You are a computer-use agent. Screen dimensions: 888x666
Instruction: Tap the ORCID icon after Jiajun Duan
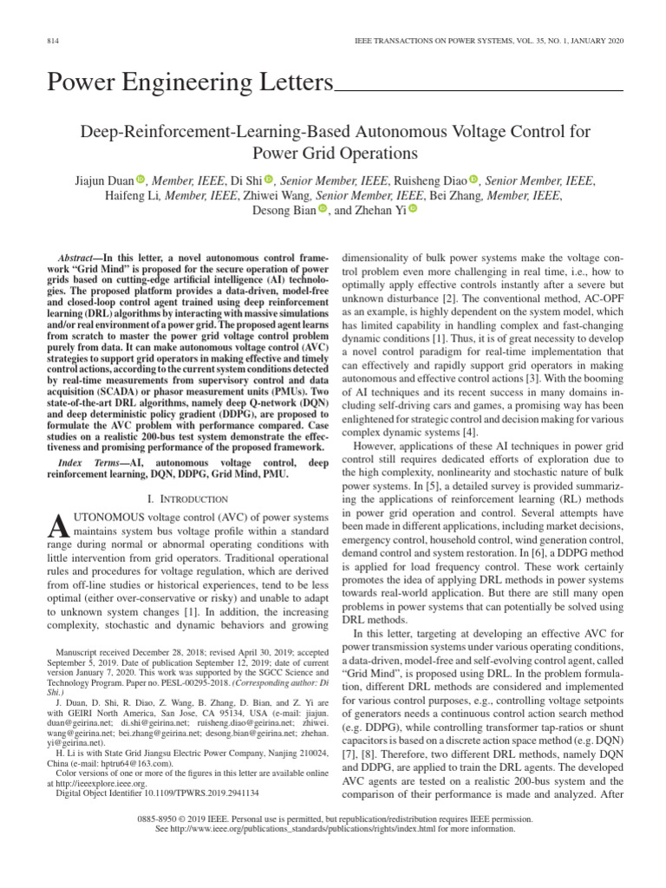[x=140, y=180]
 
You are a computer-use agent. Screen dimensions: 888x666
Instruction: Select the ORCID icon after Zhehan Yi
[x=412, y=209]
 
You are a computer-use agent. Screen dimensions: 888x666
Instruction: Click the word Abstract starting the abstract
[x=75, y=259]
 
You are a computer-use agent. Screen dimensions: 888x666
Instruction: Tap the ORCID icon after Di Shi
[x=269, y=180]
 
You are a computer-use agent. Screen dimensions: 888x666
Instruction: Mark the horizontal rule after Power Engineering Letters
[x=479, y=88]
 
